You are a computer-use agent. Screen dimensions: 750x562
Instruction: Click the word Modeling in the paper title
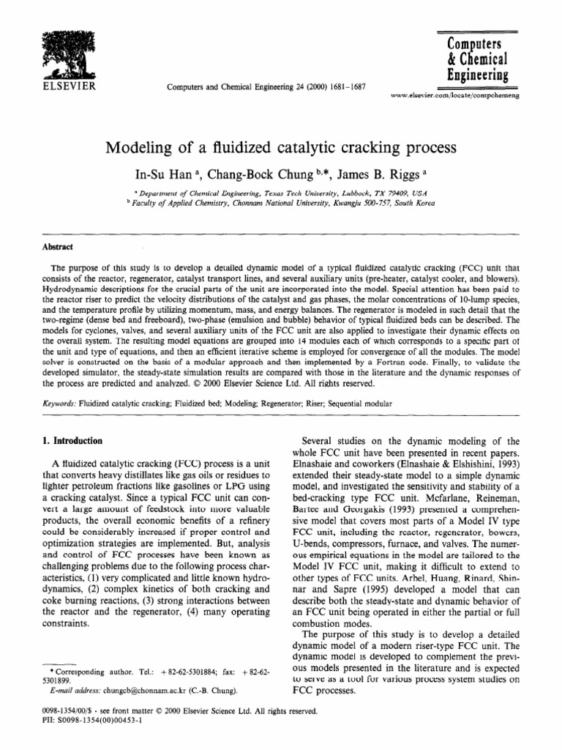pos(143,148)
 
